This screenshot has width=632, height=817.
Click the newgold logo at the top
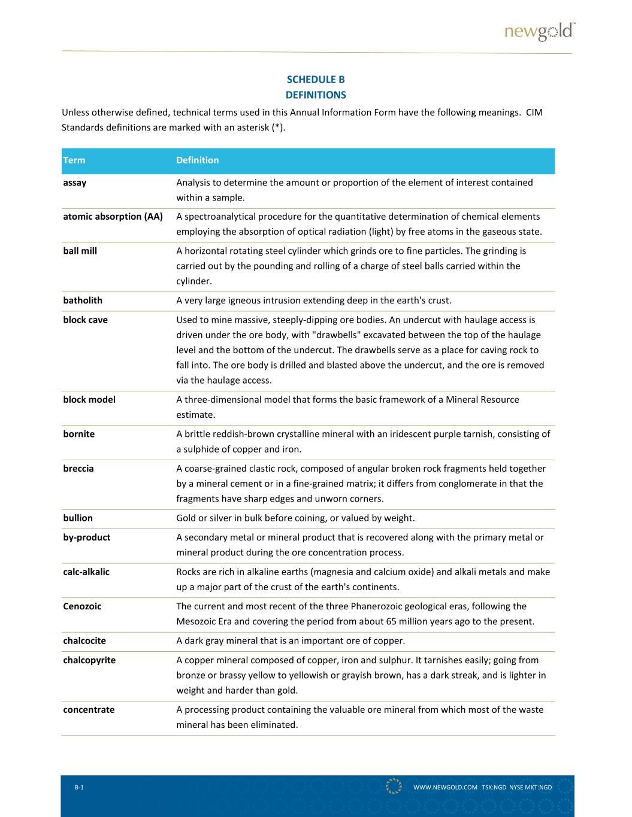(x=539, y=32)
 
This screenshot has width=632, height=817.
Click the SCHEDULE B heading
(x=316, y=80)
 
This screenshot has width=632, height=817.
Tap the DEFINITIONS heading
(x=316, y=95)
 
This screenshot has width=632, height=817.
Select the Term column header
(x=74, y=160)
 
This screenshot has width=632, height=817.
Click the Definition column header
(x=198, y=160)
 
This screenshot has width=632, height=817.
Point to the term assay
(x=75, y=183)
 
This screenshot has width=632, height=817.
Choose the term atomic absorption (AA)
(x=113, y=217)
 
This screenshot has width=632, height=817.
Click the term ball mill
(x=80, y=251)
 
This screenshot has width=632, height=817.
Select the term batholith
(x=83, y=300)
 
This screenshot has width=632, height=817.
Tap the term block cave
(x=85, y=320)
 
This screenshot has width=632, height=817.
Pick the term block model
(x=89, y=400)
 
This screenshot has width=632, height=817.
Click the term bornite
(x=78, y=434)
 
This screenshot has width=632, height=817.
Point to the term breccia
(x=78, y=469)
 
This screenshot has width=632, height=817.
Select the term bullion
(x=78, y=518)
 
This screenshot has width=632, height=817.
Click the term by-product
(x=86, y=537)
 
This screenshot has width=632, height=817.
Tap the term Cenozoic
(x=82, y=606)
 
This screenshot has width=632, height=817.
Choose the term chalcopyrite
(x=89, y=660)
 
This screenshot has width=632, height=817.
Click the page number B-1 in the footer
(x=79, y=788)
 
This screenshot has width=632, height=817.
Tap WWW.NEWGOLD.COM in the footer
(x=445, y=788)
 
